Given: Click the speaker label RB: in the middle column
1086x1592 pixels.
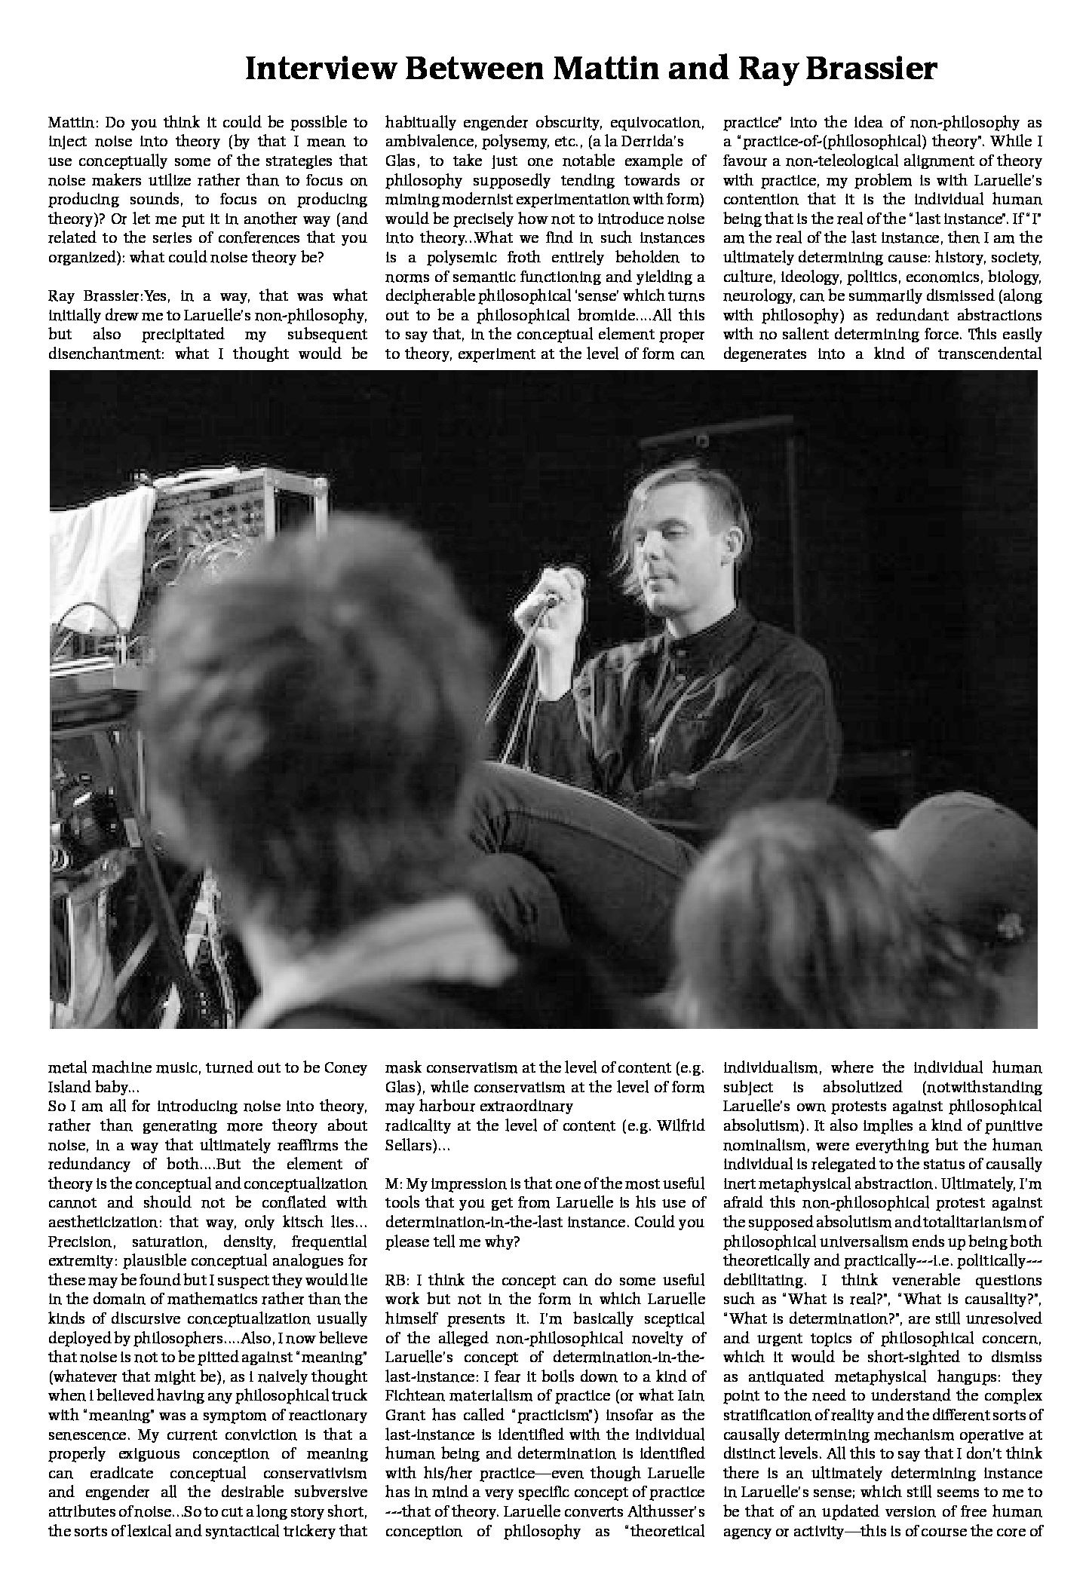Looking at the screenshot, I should coord(397,1280).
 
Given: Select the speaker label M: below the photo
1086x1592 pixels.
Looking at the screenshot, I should coord(394,1183).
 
